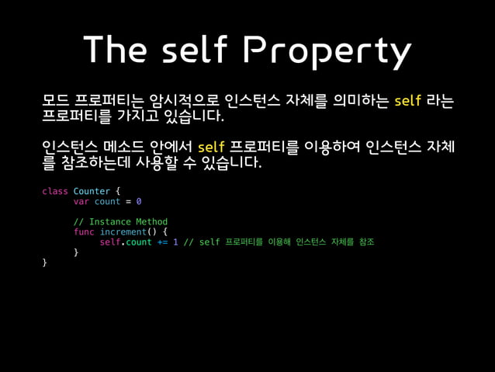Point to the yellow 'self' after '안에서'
click(211, 148)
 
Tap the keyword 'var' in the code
click(81, 201)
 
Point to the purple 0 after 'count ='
click(139, 201)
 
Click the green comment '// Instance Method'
click(120, 221)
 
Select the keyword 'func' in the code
click(84, 231)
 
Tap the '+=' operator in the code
click(163, 242)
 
